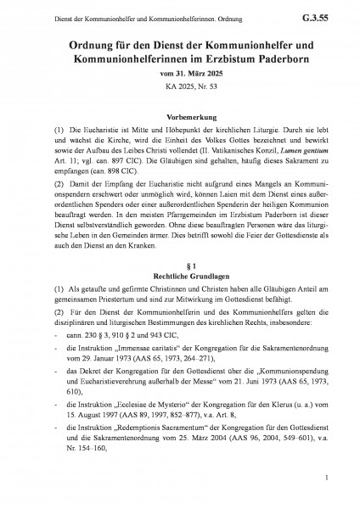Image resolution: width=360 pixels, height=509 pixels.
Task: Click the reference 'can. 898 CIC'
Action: point(108,182)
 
